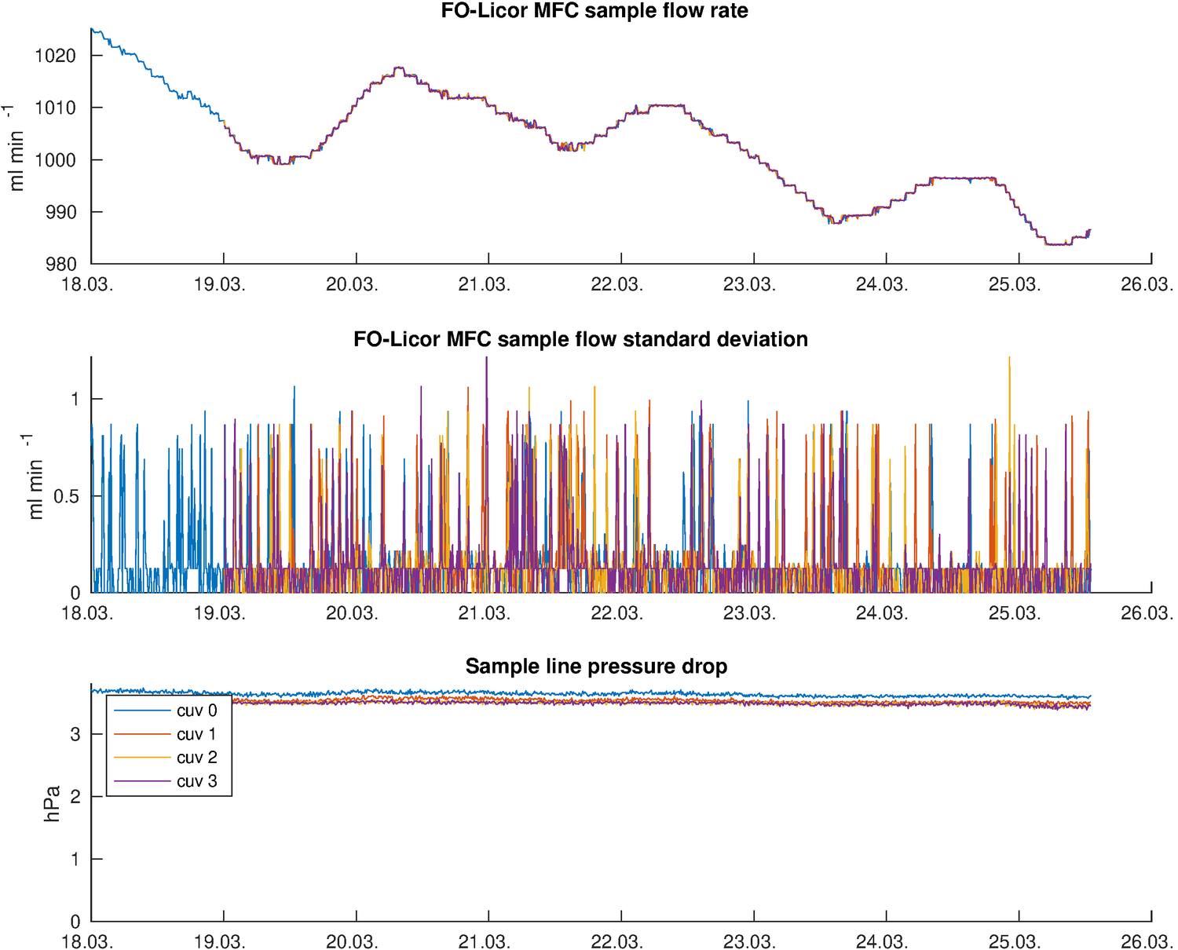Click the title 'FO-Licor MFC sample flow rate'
click(594, 11)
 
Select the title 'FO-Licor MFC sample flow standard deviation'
click(580, 339)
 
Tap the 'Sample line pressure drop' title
click(596, 667)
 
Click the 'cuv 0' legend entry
click(196, 711)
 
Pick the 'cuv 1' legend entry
click(196, 734)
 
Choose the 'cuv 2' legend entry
click(196, 758)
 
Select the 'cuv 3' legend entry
click(196, 781)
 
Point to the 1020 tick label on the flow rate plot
click(56, 56)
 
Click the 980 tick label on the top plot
click(61, 265)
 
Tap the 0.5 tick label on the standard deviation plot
click(66, 497)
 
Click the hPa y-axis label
click(53, 803)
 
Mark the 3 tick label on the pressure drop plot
click(75, 735)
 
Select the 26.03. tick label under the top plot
click(1147, 284)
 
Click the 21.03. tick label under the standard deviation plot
click(484, 612)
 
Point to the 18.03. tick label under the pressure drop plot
click(87, 941)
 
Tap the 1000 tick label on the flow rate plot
click(56, 160)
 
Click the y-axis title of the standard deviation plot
click(35, 477)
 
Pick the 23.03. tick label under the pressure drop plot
click(749, 941)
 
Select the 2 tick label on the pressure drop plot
click(75, 797)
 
